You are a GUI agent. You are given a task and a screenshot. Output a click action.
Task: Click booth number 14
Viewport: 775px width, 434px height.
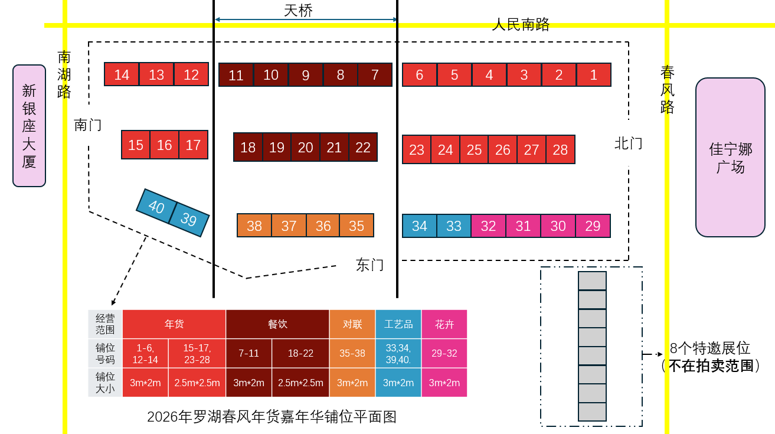tap(122, 74)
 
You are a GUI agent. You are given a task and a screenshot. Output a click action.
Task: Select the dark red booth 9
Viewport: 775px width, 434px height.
tap(306, 75)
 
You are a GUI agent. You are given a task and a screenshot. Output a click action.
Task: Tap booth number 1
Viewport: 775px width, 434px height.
tap(594, 75)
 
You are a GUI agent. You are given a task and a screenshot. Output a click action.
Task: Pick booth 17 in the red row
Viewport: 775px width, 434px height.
tap(193, 145)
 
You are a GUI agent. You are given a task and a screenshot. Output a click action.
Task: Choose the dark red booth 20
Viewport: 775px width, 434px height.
tap(305, 147)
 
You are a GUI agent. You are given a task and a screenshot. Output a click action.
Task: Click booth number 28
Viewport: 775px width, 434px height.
tap(560, 149)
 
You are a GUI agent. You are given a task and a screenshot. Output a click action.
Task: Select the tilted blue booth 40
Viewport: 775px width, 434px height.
tap(156, 207)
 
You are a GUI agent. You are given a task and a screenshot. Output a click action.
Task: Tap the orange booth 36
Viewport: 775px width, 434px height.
tap(323, 226)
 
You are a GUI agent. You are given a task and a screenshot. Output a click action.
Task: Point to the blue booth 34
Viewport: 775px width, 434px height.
tap(419, 226)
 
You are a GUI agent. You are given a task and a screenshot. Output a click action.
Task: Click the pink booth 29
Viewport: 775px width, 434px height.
tap(593, 226)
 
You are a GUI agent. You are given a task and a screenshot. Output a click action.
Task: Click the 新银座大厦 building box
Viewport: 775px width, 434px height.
tap(29, 126)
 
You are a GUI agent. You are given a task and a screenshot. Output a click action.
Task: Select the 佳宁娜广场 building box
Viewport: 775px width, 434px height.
tap(730, 157)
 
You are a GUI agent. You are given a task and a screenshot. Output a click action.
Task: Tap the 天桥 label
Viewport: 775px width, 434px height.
tap(298, 10)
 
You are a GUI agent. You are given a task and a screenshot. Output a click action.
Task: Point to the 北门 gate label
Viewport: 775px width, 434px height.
tap(628, 143)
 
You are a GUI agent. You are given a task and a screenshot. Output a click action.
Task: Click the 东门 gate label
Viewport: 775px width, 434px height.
tap(369, 265)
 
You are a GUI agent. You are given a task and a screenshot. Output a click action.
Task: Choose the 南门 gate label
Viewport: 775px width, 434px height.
tap(87, 125)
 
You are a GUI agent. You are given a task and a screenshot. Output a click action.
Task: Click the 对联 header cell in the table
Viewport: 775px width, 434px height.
tap(352, 324)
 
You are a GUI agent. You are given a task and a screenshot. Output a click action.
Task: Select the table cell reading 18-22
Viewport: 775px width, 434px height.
tap(300, 353)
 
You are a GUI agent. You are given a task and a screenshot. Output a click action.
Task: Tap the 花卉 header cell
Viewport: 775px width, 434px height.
tap(444, 324)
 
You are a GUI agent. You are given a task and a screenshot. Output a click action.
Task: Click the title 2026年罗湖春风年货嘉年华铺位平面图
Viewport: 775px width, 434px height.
tap(272, 417)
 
